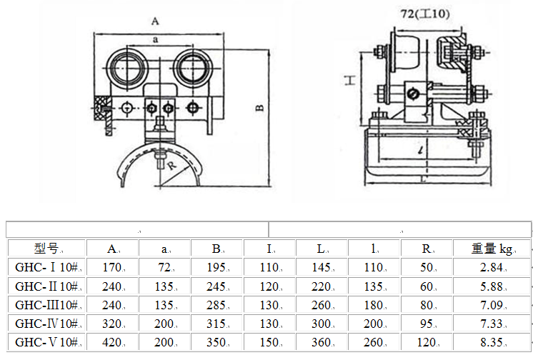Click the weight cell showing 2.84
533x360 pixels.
coord(492,267)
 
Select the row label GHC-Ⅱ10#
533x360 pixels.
coord(46,286)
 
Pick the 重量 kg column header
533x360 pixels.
coord(492,249)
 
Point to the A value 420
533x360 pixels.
coord(112,341)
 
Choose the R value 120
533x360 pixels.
coord(427,341)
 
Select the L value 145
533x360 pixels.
coord(322,267)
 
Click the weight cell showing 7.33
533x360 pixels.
coord(492,323)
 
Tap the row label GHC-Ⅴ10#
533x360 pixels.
coord(46,341)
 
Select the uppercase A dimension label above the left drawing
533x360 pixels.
coord(155,21)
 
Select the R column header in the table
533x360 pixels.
coord(427,249)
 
